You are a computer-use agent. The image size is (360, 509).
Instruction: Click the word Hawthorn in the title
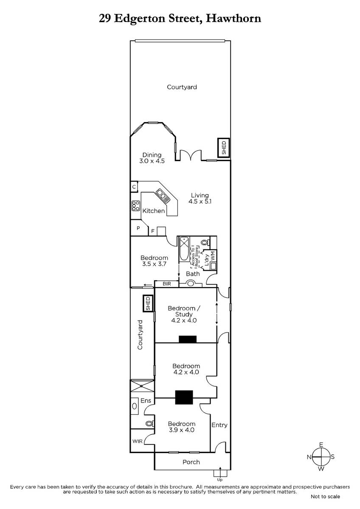coord(233,18)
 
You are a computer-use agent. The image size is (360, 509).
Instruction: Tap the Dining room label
coord(152,155)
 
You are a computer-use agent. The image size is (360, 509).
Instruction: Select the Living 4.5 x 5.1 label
coord(200,199)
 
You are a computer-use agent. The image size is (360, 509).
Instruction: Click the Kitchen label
coord(154,211)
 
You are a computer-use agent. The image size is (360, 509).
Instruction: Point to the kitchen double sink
coord(163,196)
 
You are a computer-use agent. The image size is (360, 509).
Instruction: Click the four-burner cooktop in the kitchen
coord(135,206)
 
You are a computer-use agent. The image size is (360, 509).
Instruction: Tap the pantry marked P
coord(138,228)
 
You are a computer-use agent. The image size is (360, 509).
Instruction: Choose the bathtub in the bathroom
coord(184,249)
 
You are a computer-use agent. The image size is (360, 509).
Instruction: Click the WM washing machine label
coord(212,256)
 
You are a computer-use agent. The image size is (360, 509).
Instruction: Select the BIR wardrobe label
coord(167,284)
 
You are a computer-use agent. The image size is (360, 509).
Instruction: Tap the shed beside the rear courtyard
coord(224,148)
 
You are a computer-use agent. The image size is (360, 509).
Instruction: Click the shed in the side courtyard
coord(148,303)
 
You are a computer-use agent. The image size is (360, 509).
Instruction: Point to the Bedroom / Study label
coord(184,311)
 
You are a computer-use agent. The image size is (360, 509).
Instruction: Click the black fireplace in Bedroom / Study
coord(188,339)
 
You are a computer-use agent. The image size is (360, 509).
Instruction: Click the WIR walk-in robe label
coord(138,441)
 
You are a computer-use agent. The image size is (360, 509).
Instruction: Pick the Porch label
coord(191,462)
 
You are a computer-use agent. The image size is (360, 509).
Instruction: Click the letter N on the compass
coord(309,457)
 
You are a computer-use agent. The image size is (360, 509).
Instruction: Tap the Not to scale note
coord(325,497)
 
